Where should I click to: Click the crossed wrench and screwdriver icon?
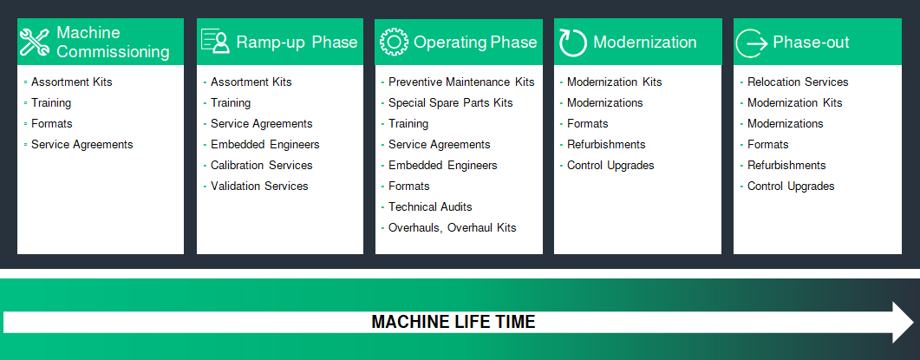tap(35, 42)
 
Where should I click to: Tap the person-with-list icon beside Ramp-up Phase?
tap(215, 41)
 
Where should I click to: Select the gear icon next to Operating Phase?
tap(394, 42)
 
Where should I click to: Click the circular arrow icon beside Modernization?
tap(572, 43)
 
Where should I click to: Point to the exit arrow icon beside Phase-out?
tap(752, 43)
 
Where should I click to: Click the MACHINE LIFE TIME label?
tap(453, 322)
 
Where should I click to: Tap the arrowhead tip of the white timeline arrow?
tap(914, 323)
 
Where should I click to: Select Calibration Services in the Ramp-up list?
tap(262, 165)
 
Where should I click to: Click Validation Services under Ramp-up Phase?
tap(259, 187)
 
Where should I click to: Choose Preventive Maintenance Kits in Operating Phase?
tap(461, 82)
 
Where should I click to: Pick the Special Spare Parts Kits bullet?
tap(451, 102)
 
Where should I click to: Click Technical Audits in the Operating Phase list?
tap(430, 206)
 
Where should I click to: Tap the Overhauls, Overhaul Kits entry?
tap(453, 228)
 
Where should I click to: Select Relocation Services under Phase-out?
tap(798, 82)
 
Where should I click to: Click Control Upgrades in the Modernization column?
tap(610, 165)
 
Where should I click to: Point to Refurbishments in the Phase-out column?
tap(786, 165)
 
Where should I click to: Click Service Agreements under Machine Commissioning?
tap(82, 145)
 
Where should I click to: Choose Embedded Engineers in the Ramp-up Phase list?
tap(265, 145)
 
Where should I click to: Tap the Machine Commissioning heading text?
tap(114, 42)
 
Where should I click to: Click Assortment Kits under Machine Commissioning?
tap(72, 82)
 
